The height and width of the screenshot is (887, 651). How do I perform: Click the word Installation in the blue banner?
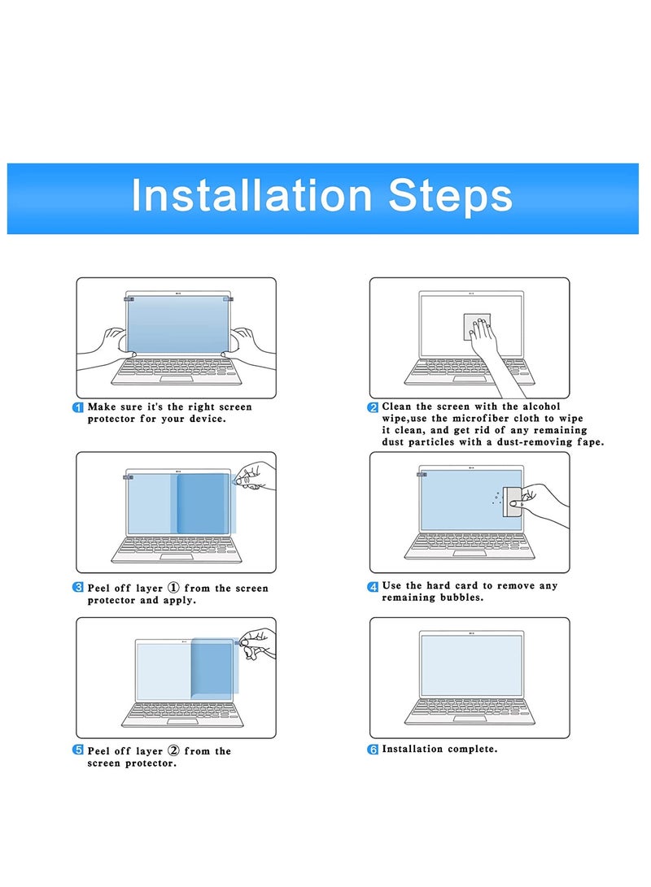point(251,195)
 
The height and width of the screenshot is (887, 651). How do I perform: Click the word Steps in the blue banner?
point(450,195)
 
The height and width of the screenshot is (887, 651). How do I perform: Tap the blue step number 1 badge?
point(78,407)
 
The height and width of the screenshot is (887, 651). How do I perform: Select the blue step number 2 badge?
point(373,407)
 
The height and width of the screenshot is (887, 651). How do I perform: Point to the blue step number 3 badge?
point(78,587)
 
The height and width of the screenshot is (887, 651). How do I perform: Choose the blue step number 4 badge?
point(373,587)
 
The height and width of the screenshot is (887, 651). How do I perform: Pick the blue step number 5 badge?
point(78,750)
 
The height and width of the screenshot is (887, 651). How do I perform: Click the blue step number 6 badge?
point(373,750)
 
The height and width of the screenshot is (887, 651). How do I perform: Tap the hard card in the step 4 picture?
point(512,501)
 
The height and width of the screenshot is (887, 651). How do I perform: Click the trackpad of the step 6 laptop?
point(470,719)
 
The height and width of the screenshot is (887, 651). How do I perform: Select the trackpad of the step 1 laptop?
point(176,379)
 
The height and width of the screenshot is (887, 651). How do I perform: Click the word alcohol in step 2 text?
point(541,407)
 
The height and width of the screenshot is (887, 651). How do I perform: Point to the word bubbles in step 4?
point(462,598)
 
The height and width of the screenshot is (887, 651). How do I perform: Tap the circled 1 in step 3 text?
point(174,588)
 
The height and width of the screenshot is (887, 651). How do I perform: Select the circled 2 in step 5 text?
point(174,750)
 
